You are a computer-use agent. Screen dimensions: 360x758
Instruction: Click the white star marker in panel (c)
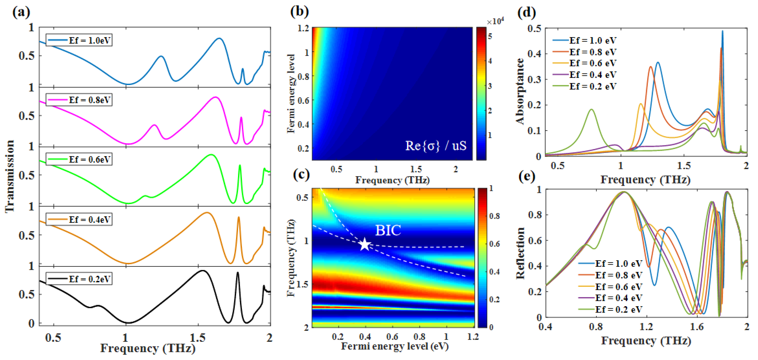pos(365,244)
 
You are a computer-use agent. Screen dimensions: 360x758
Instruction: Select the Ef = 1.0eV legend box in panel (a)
pos(79,40)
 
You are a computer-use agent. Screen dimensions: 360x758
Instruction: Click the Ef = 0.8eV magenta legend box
pos(79,100)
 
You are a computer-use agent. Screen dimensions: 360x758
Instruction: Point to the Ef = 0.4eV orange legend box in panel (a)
pos(79,219)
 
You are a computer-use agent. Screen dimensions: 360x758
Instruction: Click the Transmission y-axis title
pos(10,176)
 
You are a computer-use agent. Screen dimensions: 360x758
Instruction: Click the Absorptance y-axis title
pos(520,91)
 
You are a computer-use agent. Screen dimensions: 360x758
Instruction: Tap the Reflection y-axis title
pos(520,253)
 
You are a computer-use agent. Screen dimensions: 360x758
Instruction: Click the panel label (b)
pos(299,12)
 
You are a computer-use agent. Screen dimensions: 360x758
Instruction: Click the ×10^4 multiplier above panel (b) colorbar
pos(495,21)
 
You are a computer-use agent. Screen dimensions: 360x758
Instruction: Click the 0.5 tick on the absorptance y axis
pos(534,29)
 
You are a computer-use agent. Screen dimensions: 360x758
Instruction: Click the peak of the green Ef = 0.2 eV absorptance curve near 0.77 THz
pos(591,109)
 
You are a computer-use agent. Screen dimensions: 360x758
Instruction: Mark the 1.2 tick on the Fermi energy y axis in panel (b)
pos(303,28)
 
